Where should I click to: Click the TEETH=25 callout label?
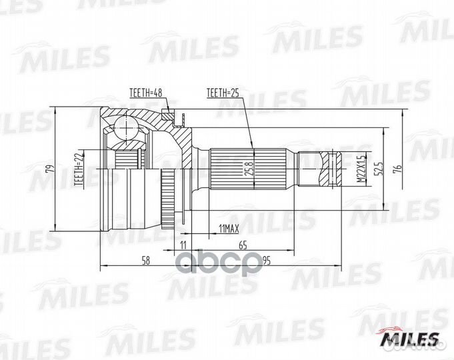pyautogui.click(x=223, y=93)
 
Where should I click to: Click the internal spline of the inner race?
pyautogui.click(x=127, y=159)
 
